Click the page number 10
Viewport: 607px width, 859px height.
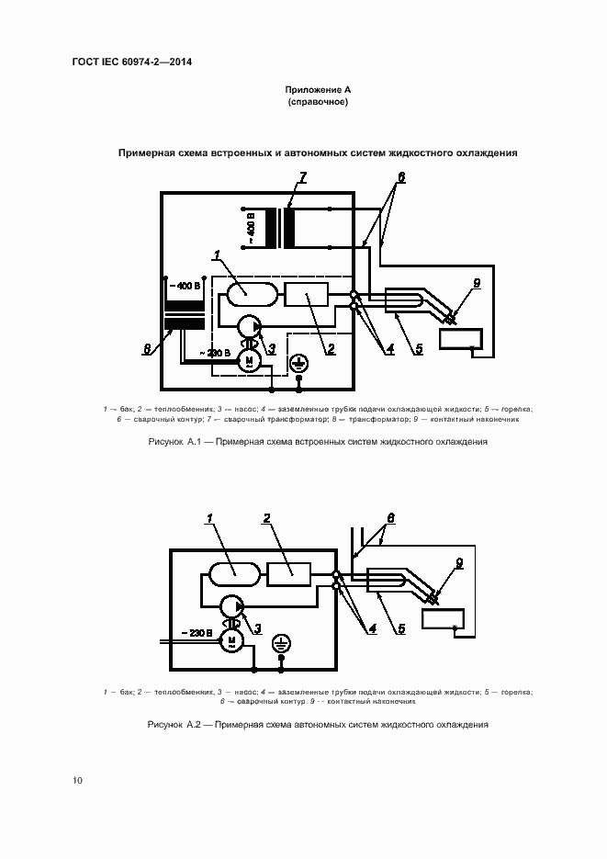[77, 781]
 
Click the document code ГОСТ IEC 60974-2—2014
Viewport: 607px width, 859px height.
[137, 62]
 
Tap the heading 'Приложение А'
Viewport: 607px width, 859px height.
[318, 90]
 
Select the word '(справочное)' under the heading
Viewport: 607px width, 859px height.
[318, 102]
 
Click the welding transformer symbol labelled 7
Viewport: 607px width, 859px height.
[279, 229]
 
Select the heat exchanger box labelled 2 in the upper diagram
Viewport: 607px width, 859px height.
[307, 296]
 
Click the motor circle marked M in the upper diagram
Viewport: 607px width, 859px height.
[249, 361]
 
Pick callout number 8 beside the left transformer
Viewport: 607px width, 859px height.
[148, 348]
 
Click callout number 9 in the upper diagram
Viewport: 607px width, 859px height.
[476, 283]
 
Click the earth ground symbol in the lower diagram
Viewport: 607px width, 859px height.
[283, 645]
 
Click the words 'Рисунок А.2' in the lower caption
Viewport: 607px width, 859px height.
[174, 725]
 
